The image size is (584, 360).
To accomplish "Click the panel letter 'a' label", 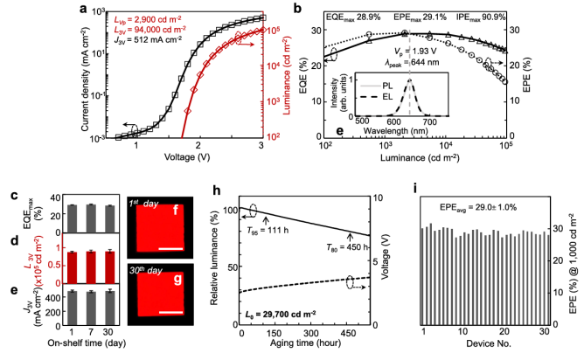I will point(84,9).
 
